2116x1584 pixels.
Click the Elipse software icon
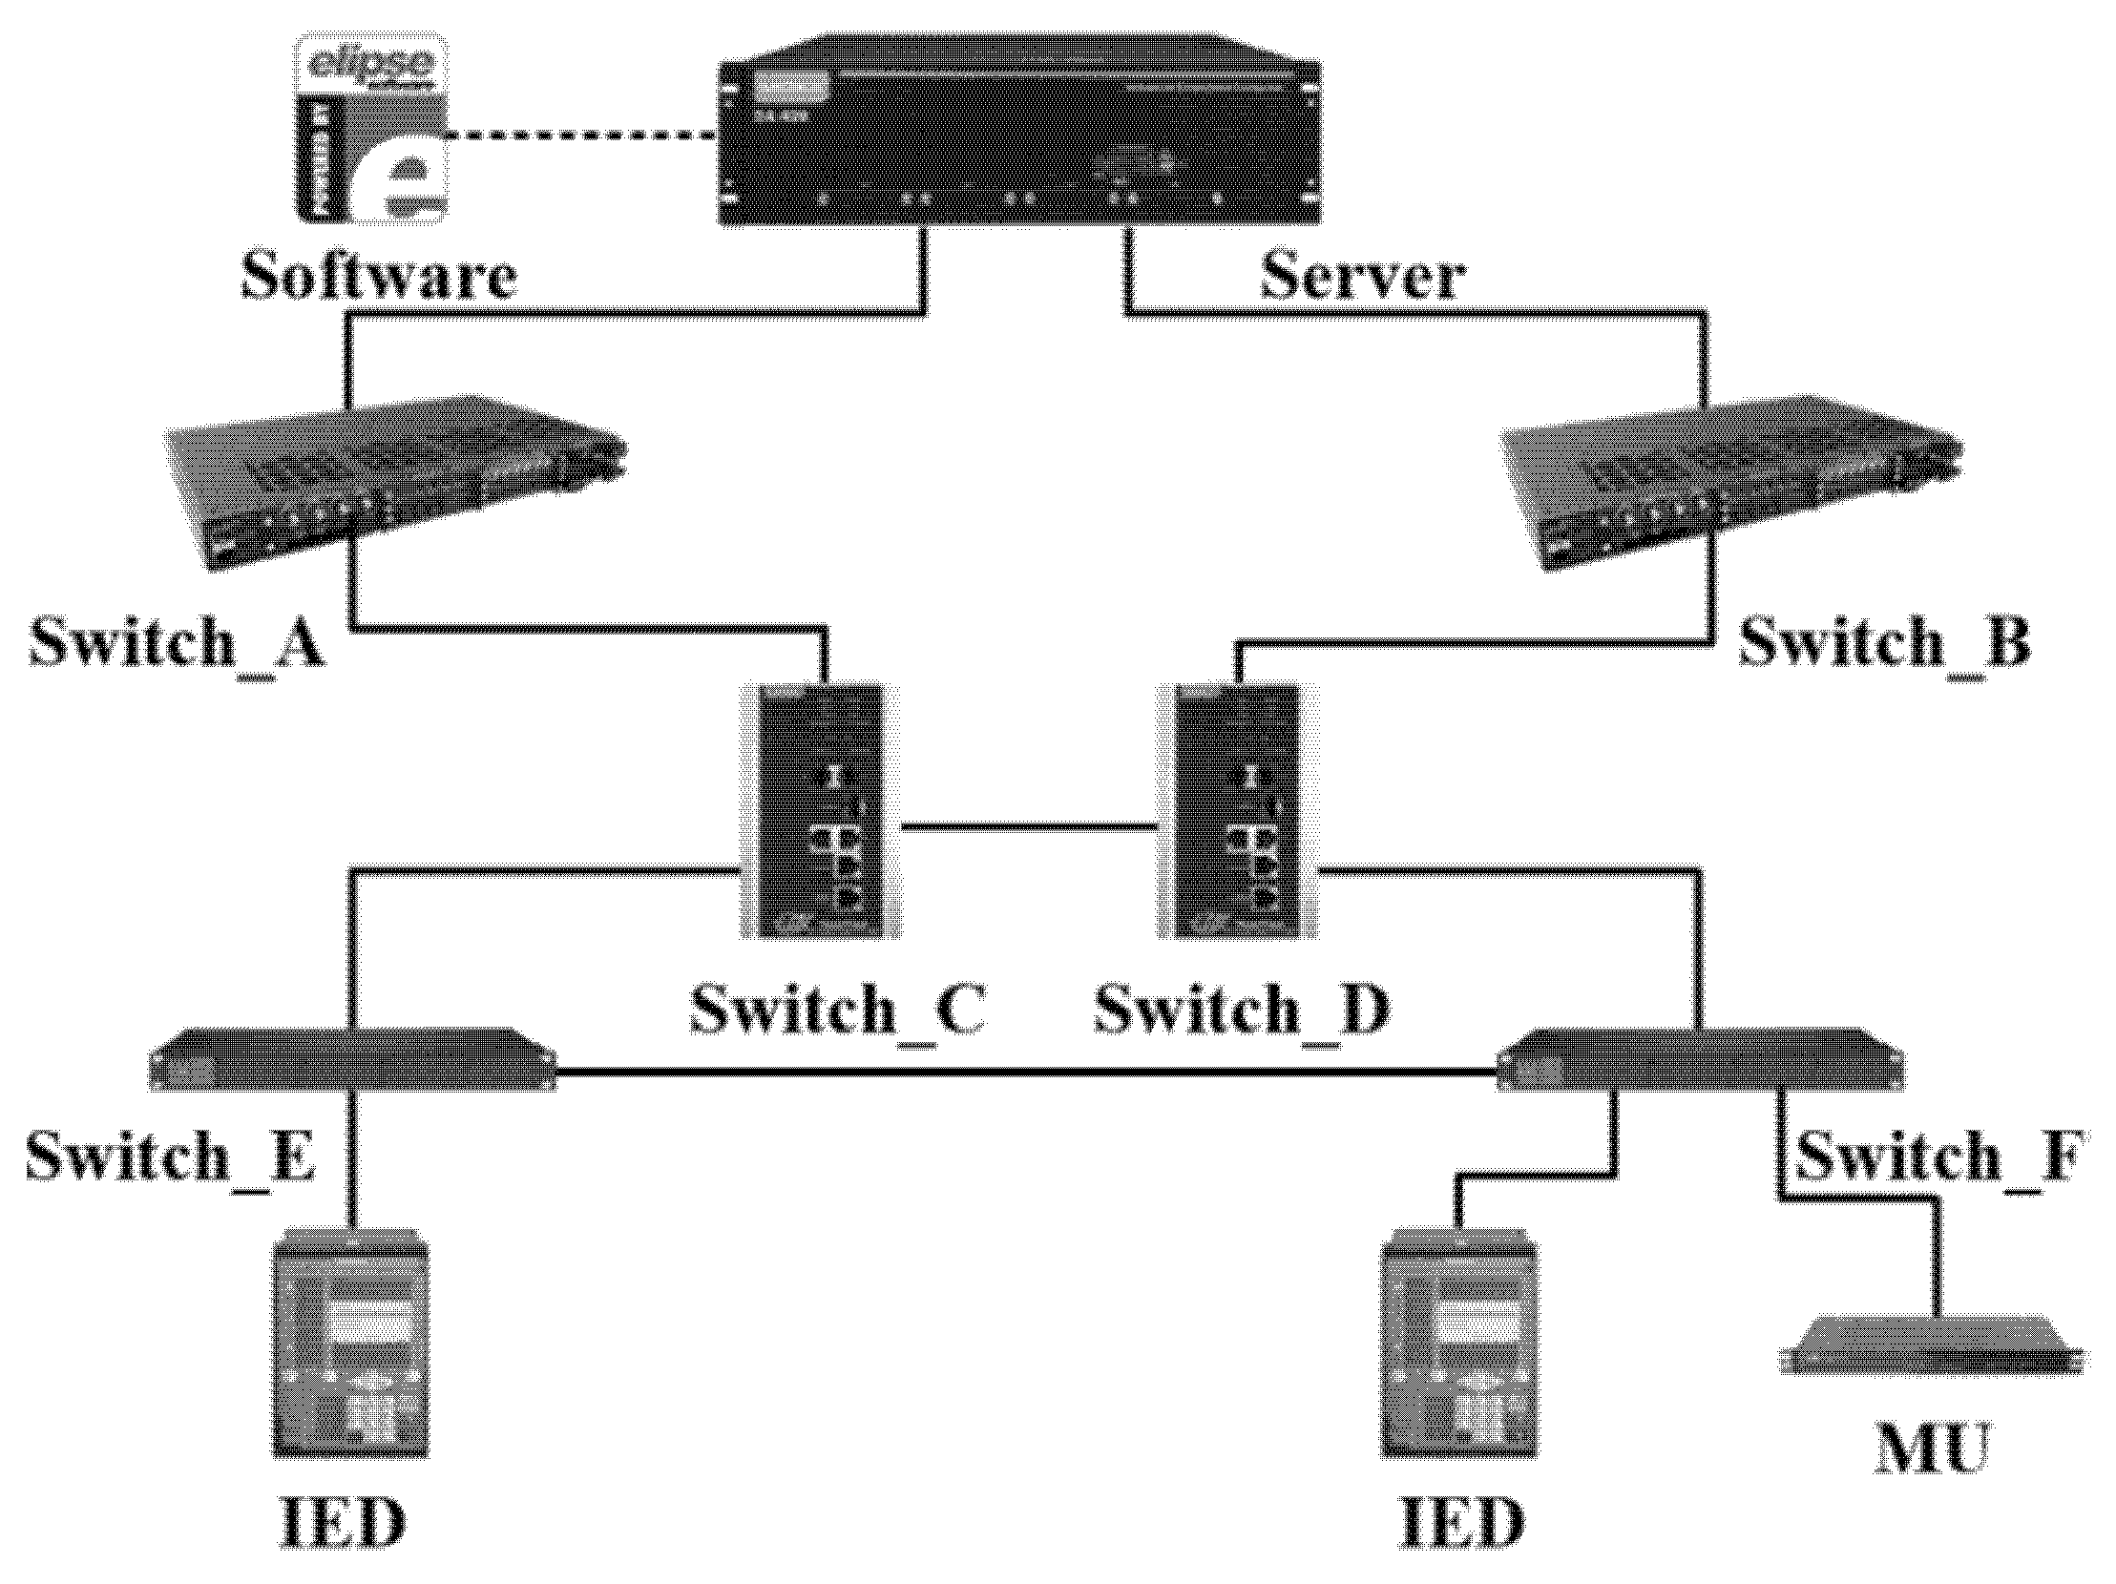coord(370,129)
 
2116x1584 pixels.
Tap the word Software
coord(379,278)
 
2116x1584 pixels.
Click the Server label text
coord(1362,278)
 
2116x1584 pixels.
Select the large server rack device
coord(1018,132)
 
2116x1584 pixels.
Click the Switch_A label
coord(178,642)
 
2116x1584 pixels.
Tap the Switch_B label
coord(1882,642)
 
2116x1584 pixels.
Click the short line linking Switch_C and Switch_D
coord(1028,825)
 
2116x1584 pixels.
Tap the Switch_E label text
coord(170,1156)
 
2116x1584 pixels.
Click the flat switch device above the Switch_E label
coord(352,1060)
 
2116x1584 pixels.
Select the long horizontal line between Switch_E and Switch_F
coord(1023,1073)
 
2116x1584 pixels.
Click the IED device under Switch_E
coord(352,1348)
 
